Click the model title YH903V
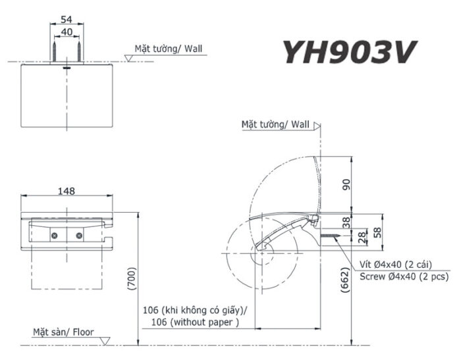[x=349, y=52]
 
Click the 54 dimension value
[x=67, y=19]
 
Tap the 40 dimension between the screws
[x=67, y=32]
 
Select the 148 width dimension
[x=67, y=192]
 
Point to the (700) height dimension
[x=132, y=278]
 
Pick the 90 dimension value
[x=346, y=184]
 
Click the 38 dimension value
[x=346, y=222]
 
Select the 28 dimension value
[x=363, y=237]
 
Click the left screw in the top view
[x=55, y=52]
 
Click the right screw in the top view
[x=79, y=52]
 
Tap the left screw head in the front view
[x=55, y=236]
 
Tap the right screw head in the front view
[x=79, y=236]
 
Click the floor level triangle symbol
[x=105, y=341]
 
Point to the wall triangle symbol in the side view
[x=317, y=126]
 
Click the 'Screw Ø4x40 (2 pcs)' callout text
[x=404, y=276]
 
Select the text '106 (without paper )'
[x=195, y=322]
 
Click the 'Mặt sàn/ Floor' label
[x=63, y=332]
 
